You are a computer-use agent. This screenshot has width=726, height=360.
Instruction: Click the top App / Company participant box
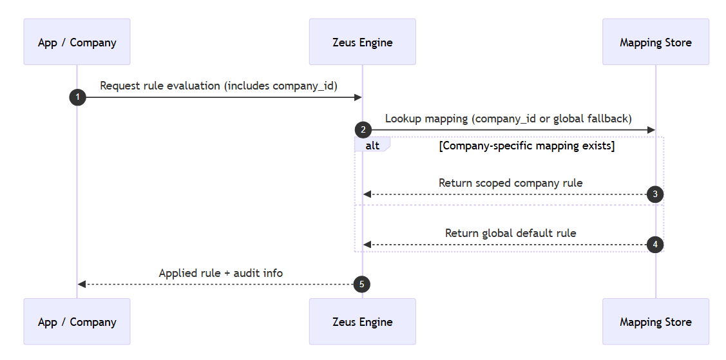click(77, 42)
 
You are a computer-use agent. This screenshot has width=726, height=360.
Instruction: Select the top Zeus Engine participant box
click(362, 42)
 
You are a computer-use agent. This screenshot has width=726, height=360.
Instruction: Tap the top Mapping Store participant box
click(655, 42)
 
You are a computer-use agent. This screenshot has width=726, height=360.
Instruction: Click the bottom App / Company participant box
click(77, 321)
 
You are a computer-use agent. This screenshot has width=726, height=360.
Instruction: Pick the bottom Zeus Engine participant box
click(362, 321)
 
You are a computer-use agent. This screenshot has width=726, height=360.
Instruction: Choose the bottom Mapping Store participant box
click(655, 321)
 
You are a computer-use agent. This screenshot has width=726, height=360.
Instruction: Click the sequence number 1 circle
click(77, 97)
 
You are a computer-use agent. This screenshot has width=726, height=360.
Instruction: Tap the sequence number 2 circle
click(363, 130)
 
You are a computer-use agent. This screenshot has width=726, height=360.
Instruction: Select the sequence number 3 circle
click(655, 194)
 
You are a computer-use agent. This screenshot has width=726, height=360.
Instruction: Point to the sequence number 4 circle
click(655, 245)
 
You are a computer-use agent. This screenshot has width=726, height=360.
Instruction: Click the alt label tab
click(372, 146)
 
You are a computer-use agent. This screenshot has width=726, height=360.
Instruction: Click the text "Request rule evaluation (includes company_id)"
click(218, 86)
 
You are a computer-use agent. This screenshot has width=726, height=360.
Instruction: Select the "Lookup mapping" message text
click(508, 118)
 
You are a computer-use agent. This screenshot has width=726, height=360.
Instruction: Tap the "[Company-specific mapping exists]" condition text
click(526, 146)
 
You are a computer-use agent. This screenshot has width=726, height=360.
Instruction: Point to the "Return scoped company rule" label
click(510, 183)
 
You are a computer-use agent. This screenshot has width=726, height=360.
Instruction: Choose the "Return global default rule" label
click(510, 233)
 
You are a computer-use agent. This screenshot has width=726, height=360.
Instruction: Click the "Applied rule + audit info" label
click(220, 273)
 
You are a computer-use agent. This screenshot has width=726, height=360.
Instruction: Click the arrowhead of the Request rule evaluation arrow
click(358, 97)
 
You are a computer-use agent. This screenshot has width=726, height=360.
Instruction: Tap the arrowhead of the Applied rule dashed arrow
click(81, 284)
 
